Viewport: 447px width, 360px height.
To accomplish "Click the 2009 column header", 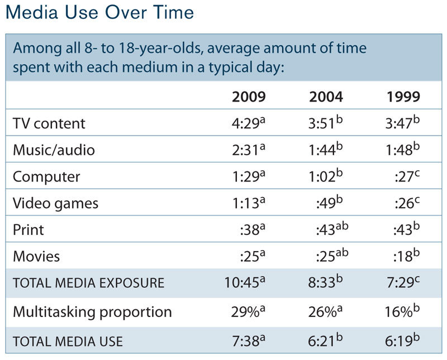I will [249, 97].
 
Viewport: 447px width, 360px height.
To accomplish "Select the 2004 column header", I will [326, 97].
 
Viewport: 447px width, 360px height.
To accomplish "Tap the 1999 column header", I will [403, 97].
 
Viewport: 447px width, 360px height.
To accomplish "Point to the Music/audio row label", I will [54, 150].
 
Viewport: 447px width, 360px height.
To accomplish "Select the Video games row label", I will [55, 203].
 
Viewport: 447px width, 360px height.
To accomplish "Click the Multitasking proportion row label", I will [92, 311].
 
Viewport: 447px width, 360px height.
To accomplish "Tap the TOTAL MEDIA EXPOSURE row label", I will [88, 283].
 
